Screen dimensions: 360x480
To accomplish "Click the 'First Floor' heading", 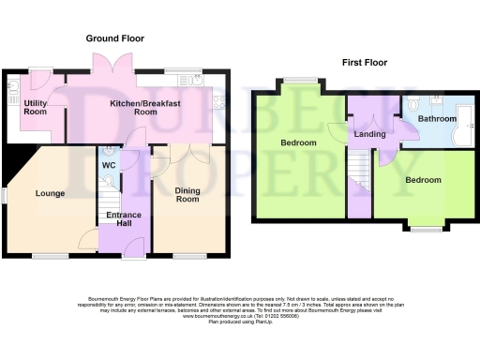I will pos(365,63).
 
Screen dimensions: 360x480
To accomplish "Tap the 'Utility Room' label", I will pos(36,108).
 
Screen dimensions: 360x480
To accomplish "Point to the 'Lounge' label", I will pos(50,194).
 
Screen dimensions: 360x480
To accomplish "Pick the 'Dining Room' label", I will pos(187,195).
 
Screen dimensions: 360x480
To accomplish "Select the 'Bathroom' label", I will pos(437,119).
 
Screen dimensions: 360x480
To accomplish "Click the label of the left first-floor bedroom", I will pos(299,142).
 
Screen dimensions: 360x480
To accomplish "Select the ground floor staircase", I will pos(109,201).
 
